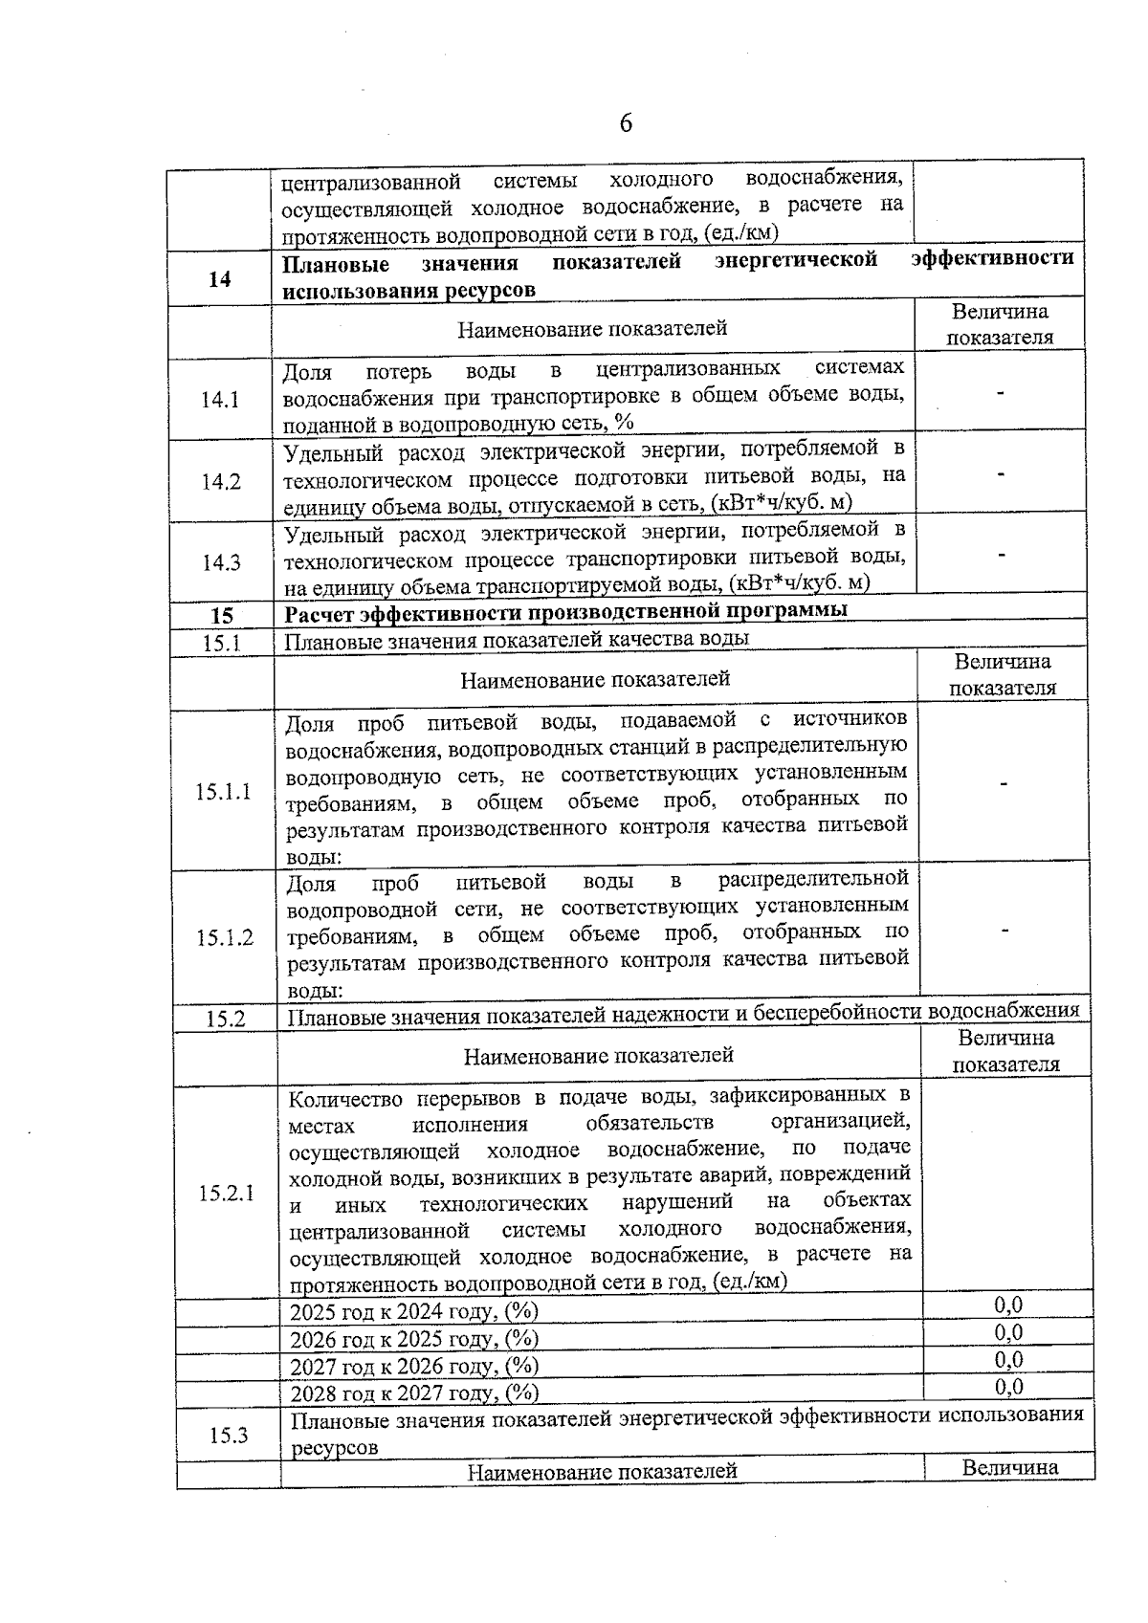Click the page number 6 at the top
[x=626, y=123]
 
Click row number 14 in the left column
[x=220, y=279]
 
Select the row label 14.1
[x=220, y=400]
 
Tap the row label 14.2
[x=221, y=482]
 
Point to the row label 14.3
[x=221, y=563]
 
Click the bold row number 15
[x=222, y=617]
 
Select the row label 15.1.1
[x=224, y=791]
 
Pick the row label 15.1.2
[x=225, y=937]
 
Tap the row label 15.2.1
[x=227, y=1193]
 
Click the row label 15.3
[x=229, y=1435]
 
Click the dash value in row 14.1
[x=1001, y=391]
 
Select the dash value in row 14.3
[x=1002, y=554]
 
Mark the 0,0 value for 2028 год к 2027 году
[x=1008, y=1386]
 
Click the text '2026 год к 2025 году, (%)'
[x=414, y=1338]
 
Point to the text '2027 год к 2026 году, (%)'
[x=414, y=1365]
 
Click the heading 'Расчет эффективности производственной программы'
[x=566, y=611]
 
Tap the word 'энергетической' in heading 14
[x=796, y=260]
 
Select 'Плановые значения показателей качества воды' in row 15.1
[x=517, y=639]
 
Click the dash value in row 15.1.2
[x=1004, y=930]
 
